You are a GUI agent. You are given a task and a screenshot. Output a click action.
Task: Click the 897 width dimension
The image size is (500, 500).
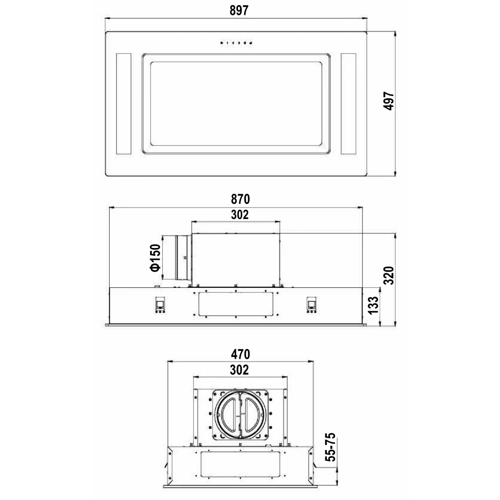tap(239, 10)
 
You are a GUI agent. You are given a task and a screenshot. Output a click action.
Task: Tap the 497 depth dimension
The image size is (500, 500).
tap(389, 101)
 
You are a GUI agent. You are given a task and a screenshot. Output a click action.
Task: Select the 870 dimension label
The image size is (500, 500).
tap(240, 199)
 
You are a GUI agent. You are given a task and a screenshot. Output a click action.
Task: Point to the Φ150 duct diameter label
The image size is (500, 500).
tap(155, 257)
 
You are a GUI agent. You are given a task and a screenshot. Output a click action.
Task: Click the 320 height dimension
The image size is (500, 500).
tap(389, 275)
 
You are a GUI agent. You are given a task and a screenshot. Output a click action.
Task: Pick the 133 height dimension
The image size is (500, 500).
tap(374, 305)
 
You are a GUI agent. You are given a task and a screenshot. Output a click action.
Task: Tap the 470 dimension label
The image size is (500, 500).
tap(240, 354)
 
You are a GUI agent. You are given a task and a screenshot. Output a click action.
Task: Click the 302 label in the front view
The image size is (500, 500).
tap(240, 215)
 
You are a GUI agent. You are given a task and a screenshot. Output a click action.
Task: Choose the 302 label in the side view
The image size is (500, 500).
tap(239, 370)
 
